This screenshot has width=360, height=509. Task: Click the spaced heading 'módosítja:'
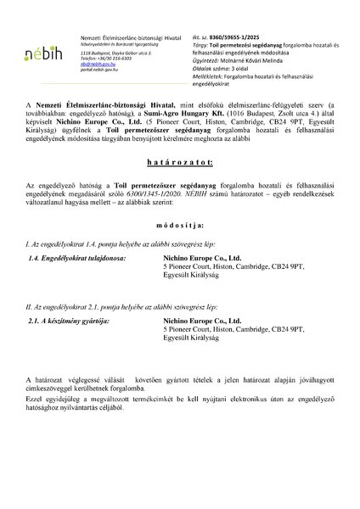pos(179,227)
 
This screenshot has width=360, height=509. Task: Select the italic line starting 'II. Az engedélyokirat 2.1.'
pos(111,305)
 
